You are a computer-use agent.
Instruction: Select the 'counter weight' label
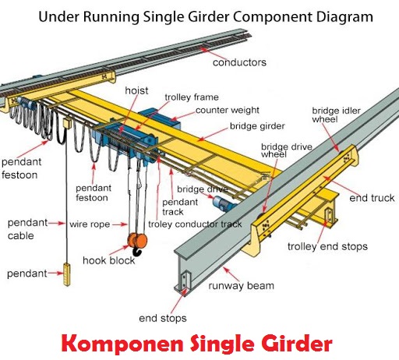(x=227, y=111)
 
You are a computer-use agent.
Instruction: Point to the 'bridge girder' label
(x=257, y=126)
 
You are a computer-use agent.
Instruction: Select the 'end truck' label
(x=372, y=199)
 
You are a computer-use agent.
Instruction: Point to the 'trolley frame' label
(x=192, y=97)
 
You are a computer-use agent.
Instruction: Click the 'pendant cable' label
(x=23, y=228)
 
